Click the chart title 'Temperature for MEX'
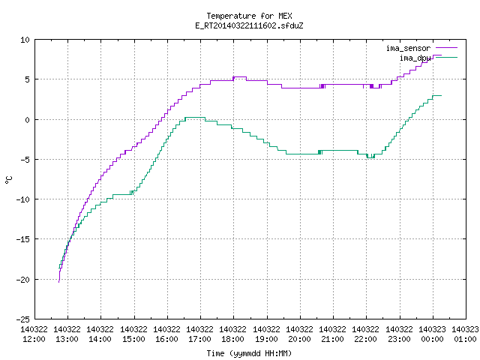[249, 16]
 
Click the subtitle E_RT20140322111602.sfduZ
[249, 25]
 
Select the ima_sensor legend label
[408, 48]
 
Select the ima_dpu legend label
[415, 58]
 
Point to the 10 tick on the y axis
[25, 40]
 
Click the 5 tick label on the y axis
[28, 79]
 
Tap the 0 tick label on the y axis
[28, 120]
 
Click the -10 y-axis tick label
[23, 199]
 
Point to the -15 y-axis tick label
[23, 239]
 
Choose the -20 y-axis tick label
[23, 280]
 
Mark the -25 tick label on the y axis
[23, 319]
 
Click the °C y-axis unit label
[8, 180]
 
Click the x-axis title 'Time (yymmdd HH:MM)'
[249, 353]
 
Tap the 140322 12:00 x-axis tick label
[34, 334]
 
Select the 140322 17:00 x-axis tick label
[200, 334]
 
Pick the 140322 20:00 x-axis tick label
[300, 334]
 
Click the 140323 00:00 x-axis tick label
[432, 334]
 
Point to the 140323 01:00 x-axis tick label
[465, 334]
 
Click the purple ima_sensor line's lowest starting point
[58, 282]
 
